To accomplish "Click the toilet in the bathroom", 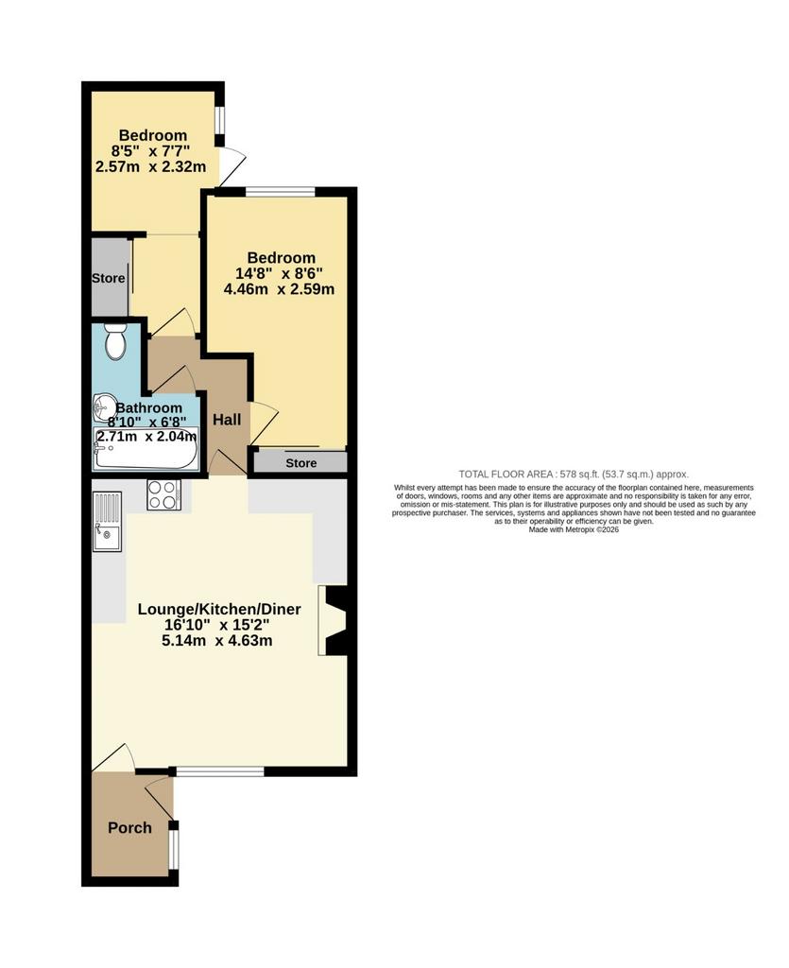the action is [114, 341].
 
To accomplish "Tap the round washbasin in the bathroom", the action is [102, 406].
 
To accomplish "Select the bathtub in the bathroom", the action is [146, 448].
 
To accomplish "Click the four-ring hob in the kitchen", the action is [163, 494].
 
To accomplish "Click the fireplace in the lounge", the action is [334, 620].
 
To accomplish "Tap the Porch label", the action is [129, 828].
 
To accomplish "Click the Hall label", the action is [227, 420].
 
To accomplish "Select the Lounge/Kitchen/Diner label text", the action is [219, 610].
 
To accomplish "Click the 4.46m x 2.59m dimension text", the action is [279, 289].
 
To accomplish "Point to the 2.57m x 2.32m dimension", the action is [151, 166].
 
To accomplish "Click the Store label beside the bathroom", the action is [109, 279].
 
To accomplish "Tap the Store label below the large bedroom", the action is [301, 463].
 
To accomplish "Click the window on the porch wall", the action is [175, 848].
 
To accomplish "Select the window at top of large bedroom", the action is [280, 192].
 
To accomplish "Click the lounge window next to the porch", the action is [220, 771].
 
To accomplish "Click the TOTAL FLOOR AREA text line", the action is [574, 475].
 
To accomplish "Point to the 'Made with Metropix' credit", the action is [574, 529].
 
